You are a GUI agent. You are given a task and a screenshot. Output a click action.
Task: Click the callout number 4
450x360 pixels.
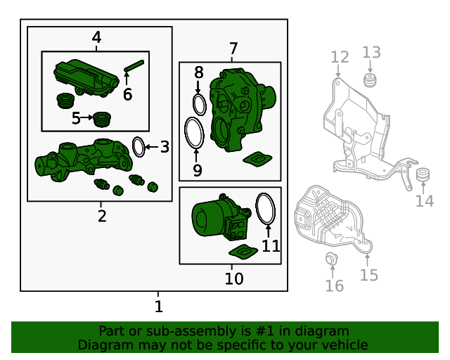pyautogui.click(x=97, y=37)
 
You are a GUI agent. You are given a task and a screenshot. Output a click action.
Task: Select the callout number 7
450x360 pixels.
pyautogui.click(x=233, y=49)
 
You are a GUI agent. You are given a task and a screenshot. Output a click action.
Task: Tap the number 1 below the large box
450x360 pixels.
pyautogui.click(x=159, y=307)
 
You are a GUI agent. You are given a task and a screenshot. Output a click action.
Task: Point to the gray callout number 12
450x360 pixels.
pyautogui.click(x=340, y=57)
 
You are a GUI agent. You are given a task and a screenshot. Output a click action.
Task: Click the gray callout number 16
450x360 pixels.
pyautogui.click(x=335, y=285)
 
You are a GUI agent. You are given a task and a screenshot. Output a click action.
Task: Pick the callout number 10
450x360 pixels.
pyautogui.click(x=234, y=278)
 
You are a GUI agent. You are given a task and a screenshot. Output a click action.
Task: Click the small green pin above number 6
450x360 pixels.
pyautogui.click(x=134, y=65)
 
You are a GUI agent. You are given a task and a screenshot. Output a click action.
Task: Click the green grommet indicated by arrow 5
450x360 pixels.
pyautogui.click(x=103, y=120)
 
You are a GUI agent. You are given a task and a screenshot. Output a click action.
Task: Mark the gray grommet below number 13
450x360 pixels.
pyautogui.click(x=371, y=80)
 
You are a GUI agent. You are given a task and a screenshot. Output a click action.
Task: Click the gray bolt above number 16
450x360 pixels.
pyautogui.click(x=331, y=259)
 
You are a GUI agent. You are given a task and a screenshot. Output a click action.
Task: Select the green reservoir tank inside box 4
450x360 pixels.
pyautogui.click(x=86, y=78)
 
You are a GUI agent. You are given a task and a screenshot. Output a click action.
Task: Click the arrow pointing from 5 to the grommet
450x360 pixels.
pyautogui.click(x=86, y=117)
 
